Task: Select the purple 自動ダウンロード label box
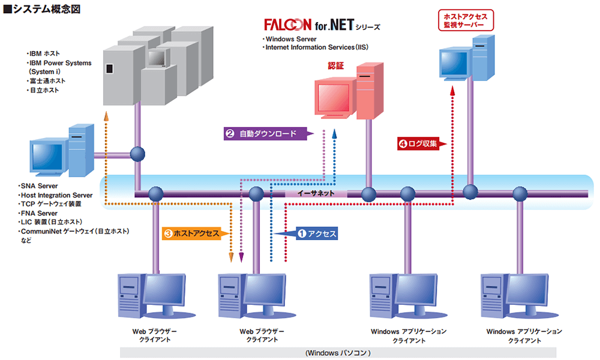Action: (x=264, y=134)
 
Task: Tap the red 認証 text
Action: (x=336, y=66)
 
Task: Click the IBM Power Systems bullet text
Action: (x=60, y=63)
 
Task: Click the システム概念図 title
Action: (x=42, y=10)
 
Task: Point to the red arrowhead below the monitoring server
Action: (x=454, y=91)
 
